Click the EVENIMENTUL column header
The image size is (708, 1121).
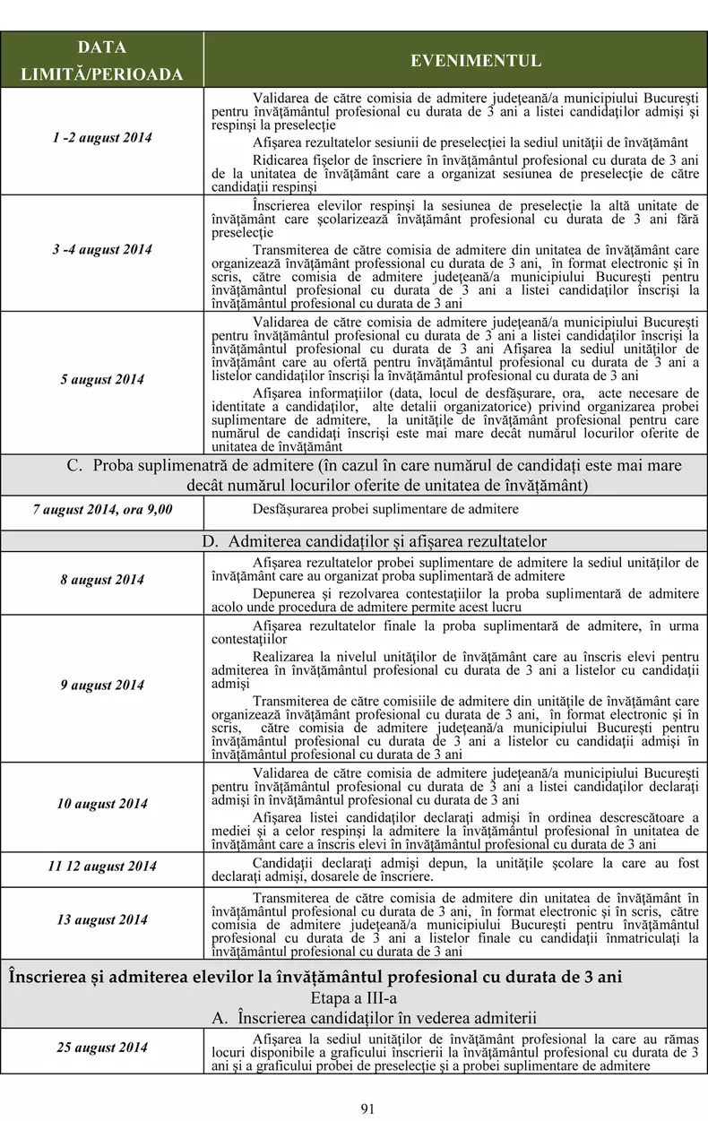pos(476,61)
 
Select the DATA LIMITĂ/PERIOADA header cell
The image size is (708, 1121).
pos(101,61)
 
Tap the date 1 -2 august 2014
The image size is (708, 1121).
pos(102,138)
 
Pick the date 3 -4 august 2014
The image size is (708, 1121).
pos(102,249)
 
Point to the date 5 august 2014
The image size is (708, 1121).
pos(102,380)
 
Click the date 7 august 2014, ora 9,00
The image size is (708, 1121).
pos(103,509)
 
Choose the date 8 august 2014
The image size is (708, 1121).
pos(102,580)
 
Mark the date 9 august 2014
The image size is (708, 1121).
pos(102,686)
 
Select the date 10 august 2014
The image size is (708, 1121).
pos(102,804)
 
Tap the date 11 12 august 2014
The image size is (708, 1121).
pos(102,866)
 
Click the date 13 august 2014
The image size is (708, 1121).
pos(102,920)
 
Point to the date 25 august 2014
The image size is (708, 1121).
pos(102,1047)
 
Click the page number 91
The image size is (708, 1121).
pos(367,1108)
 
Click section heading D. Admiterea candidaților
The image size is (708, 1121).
pos(374,541)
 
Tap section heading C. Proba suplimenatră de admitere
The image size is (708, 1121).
pos(374,475)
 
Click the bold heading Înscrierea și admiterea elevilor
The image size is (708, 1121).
pos(315,976)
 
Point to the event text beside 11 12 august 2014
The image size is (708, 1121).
pos(455,869)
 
